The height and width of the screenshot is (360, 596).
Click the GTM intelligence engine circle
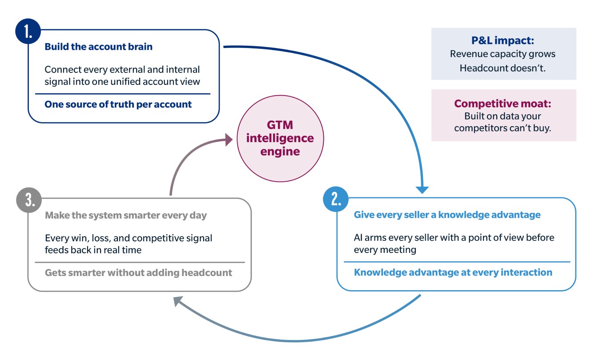(x=280, y=138)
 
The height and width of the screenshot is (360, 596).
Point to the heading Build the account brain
(x=98, y=47)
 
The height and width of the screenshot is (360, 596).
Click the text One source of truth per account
(x=118, y=104)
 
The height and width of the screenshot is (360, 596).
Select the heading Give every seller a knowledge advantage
(x=447, y=215)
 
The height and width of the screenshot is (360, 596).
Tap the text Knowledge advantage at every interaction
(x=453, y=272)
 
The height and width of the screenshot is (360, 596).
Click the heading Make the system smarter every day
(x=126, y=215)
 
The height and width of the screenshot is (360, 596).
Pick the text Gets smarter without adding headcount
(x=138, y=272)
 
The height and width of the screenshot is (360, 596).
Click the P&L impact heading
(x=503, y=41)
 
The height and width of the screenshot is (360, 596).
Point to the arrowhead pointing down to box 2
(x=423, y=189)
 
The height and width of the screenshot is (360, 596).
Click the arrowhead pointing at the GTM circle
(x=229, y=140)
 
